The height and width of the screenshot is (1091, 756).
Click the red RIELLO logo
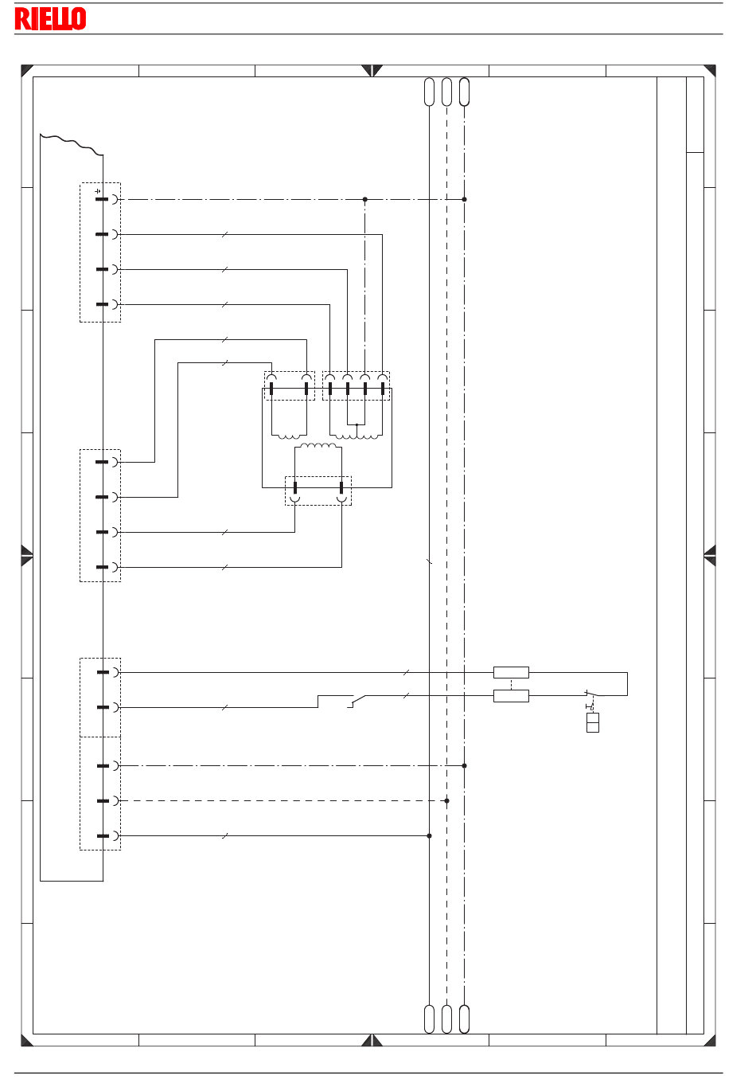(x=50, y=18)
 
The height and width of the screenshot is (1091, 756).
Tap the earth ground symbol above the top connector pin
(x=98, y=191)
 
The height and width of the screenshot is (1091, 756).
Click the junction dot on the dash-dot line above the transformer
(x=365, y=199)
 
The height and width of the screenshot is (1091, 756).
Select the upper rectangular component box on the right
(x=511, y=672)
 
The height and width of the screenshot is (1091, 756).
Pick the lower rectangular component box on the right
(x=511, y=695)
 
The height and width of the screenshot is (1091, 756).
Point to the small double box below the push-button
(x=592, y=722)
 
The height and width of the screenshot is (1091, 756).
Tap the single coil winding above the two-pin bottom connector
(x=318, y=445)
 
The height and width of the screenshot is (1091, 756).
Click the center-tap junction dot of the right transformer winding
(x=357, y=424)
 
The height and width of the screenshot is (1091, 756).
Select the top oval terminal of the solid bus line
(x=430, y=92)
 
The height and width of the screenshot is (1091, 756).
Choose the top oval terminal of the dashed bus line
(x=447, y=92)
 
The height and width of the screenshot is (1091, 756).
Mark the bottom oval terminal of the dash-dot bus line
(x=465, y=1019)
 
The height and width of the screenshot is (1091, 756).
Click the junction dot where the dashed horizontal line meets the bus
(x=447, y=800)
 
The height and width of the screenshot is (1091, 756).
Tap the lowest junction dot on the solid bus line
(x=430, y=836)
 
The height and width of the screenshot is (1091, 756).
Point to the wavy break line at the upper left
(x=72, y=143)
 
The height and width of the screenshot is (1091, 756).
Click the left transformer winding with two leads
(x=289, y=436)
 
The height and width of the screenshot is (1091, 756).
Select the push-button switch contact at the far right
(x=591, y=694)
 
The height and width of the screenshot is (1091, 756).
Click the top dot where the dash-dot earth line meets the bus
(x=465, y=199)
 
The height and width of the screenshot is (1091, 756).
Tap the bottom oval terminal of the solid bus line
(x=430, y=1019)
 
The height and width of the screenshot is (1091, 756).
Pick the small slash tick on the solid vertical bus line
(x=430, y=561)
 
